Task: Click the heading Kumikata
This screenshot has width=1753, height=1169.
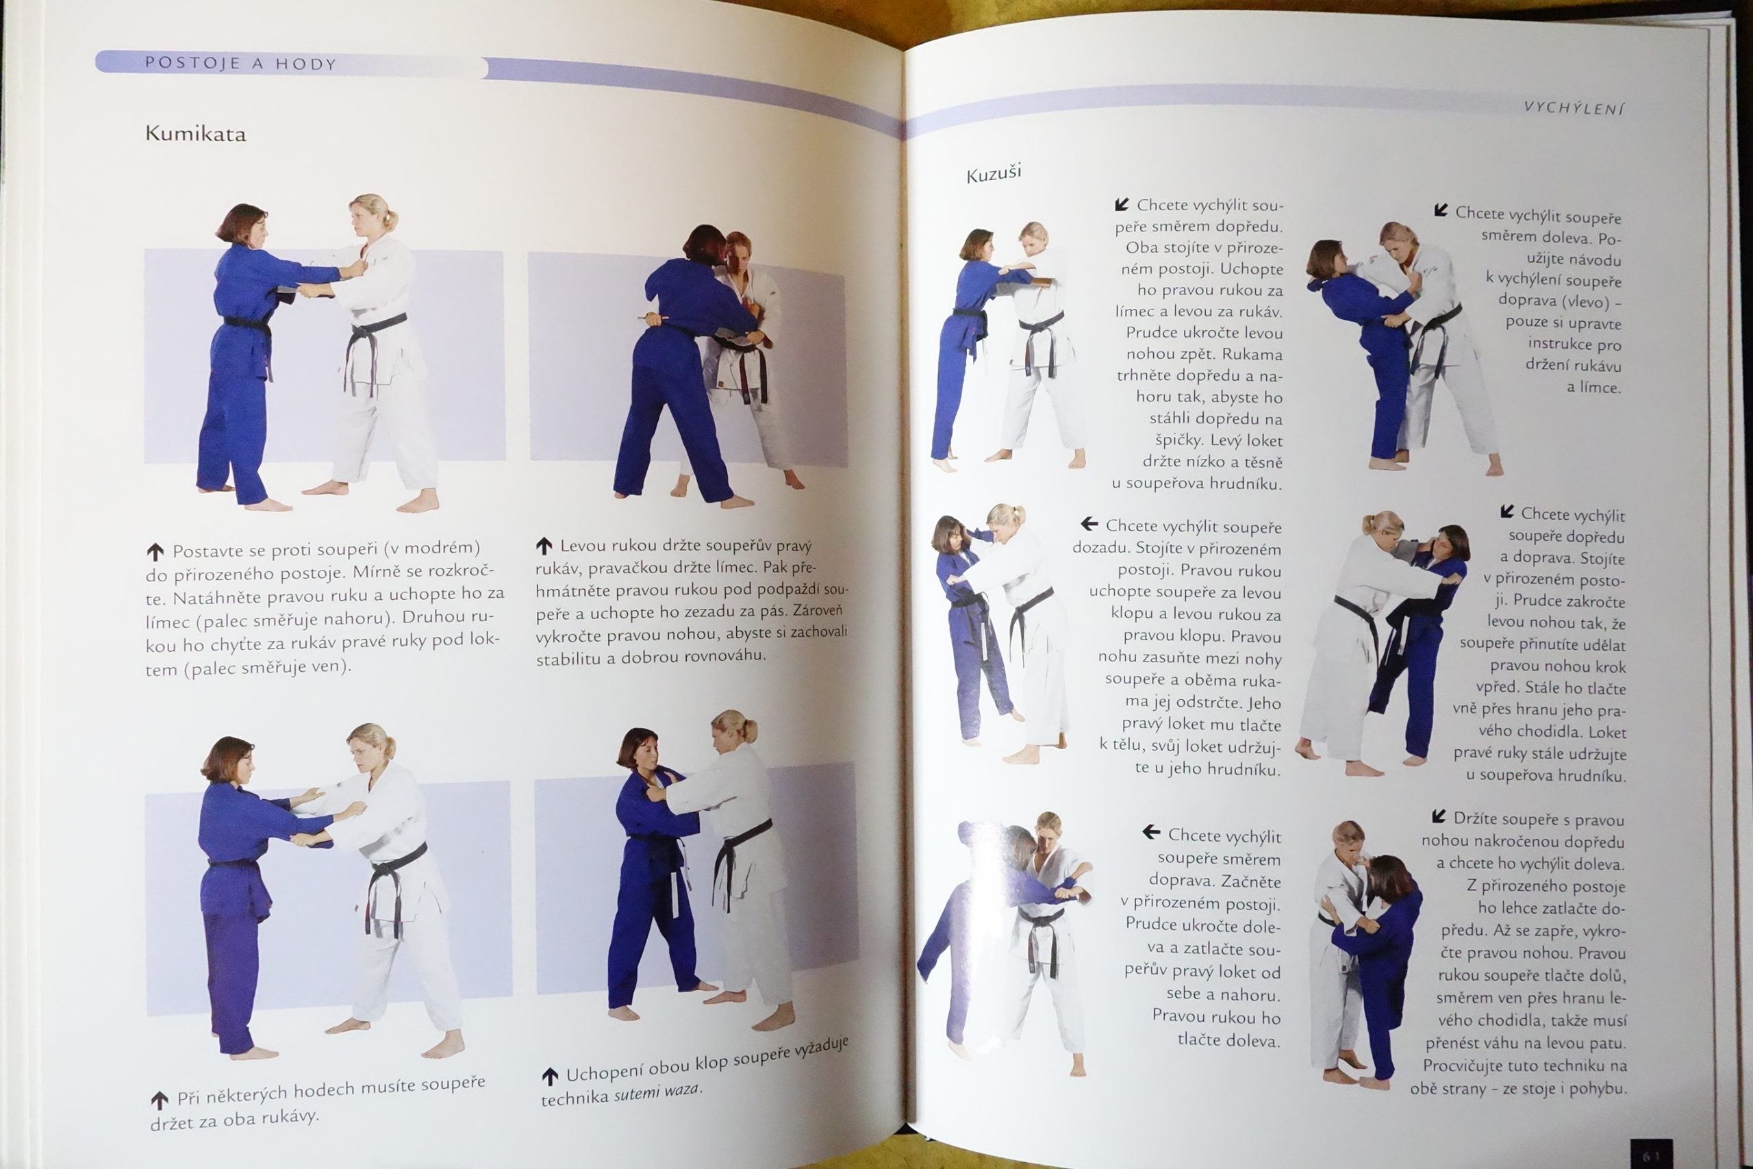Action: click(x=195, y=134)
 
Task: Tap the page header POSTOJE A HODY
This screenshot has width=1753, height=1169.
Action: click(x=241, y=64)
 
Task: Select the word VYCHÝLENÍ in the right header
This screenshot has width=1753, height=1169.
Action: click(x=1574, y=108)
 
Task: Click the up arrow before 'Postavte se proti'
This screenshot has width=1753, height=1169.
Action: click(x=155, y=553)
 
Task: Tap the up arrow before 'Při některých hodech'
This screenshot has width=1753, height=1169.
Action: click(x=159, y=1101)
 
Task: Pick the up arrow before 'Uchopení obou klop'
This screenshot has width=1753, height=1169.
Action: click(x=549, y=1076)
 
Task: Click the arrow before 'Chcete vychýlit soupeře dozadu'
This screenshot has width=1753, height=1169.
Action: click(x=1089, y=524)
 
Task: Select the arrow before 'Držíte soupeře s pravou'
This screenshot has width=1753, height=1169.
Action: click(x=1439, y=816)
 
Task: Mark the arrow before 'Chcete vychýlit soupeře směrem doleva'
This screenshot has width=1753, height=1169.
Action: click(x=1441, y=211)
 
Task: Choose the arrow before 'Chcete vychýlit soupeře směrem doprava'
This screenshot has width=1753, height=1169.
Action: click(x=1152, y=832)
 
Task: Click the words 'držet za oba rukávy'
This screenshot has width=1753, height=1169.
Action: click(x=234, y=1119)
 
